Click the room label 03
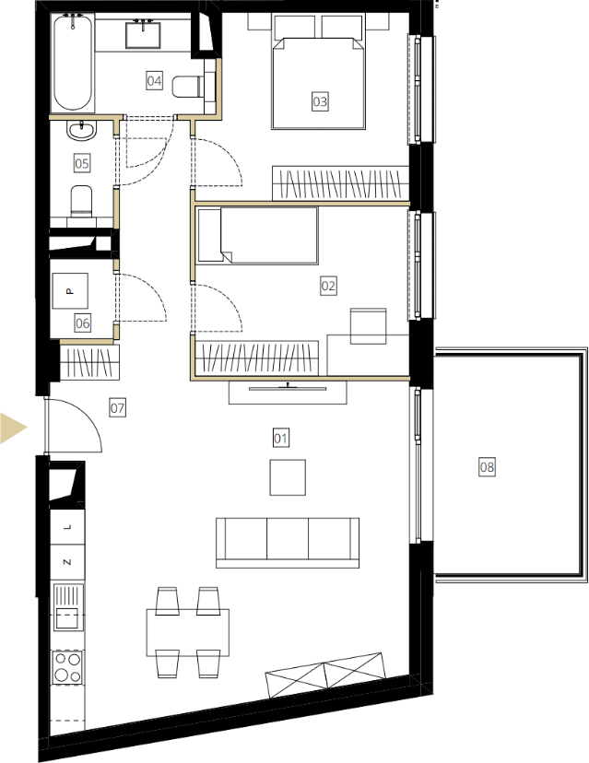[x=320, y=101]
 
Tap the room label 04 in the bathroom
[x=154, y=80]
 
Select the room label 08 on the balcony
[x=487, y=467]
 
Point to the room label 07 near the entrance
[x=117, y=408]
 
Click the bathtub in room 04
[x=73, y=64]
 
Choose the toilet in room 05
[x=81, y=201]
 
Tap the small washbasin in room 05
[x=82, y=131]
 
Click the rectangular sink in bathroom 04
[x=144, y=34]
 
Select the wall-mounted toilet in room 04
[x=187, y=87]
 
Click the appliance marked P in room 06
[x=70, y=291]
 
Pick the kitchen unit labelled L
[x=67, y=527]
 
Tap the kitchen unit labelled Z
[x=67, y=562]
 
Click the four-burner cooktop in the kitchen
[x=67, y=667]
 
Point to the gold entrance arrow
[x=12, y=428]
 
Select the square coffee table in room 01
[x=288, y=477]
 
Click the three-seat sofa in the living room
[x=288, y=543]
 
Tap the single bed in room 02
[x=257, y=236]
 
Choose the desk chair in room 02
[x=369, y=325]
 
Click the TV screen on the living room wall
[x=288, y=388]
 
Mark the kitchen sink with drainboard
[x=68, y=607]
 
